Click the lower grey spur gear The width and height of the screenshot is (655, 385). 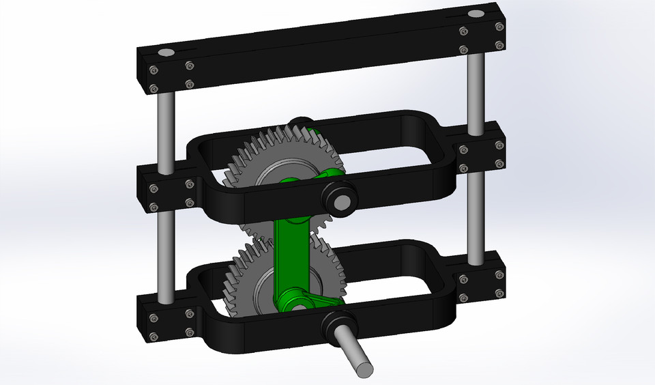point(239,273)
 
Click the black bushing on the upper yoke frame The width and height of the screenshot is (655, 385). point(339,197)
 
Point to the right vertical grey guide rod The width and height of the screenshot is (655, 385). point(476,89)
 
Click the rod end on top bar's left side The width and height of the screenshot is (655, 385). point(166,53)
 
